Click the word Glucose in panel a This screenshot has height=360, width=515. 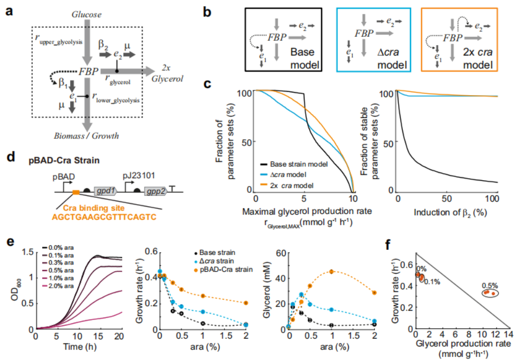coord(86,15)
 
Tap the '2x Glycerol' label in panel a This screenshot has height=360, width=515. coord(167,73)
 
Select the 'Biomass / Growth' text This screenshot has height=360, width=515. coord(86,136)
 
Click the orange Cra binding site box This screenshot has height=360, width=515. coord(76,192)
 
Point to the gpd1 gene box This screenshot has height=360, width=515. coord(105,191)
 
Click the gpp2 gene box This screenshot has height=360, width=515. coord(155,191)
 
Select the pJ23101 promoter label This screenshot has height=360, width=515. coord(139,176)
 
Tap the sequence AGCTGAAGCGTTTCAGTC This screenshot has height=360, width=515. coord(104,218)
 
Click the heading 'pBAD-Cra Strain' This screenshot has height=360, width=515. coord(64,161)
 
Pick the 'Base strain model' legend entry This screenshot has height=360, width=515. coord(294,164)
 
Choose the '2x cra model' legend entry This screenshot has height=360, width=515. coord(287,185)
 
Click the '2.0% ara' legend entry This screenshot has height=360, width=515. coord(58,286)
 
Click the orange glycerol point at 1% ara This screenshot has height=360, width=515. coord(332,272)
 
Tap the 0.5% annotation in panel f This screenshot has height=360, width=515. coord(490,286)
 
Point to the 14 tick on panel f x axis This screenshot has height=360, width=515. coord(508,335)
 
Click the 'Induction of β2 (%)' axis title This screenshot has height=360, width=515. coord(450,212)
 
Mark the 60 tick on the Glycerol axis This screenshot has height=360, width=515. coord(281,254)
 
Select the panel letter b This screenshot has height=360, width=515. coord(207,12)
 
